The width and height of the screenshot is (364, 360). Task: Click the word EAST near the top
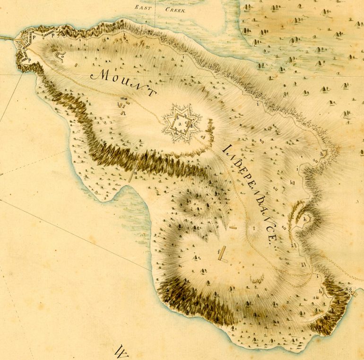click(x=143, y=8)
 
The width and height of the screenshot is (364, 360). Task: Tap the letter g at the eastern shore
click(x=350, y=289)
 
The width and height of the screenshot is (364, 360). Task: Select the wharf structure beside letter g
click(x=355, y=293)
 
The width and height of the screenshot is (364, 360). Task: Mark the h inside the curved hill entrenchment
click(x=305, y=219)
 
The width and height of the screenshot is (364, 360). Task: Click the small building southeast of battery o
click(x=76, y=65)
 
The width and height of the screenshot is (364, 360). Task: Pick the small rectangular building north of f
click(x=233, y=228)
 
